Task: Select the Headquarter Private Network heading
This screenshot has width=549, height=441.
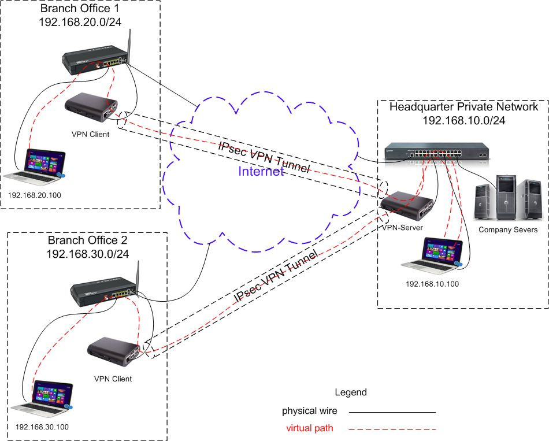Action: coord(463,107)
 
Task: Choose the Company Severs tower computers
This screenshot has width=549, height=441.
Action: coord(509,199)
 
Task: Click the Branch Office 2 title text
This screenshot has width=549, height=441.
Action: coord(87,240)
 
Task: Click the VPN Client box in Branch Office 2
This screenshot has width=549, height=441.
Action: coord(113,351)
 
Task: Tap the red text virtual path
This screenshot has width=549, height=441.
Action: coord(310,428)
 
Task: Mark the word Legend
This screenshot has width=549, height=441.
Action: coord(350,392)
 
